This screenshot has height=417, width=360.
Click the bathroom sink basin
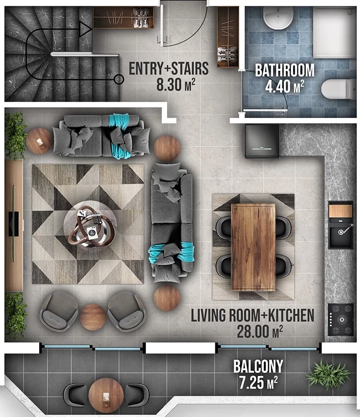tap(278, 18)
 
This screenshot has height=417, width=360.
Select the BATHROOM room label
tap(284, 70)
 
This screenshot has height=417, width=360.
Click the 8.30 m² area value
tap(176, 85)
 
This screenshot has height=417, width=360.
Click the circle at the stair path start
tap(118, 79)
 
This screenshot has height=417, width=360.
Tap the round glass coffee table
tap(90, 223)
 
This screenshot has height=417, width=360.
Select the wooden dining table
tap(253, 247)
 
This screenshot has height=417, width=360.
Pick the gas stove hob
tap(340, 320)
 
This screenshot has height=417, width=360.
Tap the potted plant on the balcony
tap(328, 374)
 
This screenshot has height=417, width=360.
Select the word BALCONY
tap(258, 366)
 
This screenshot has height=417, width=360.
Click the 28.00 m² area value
tap(260, 331)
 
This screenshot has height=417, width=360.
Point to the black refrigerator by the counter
tap(262, 141)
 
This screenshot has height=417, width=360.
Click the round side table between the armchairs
tap(93, 318)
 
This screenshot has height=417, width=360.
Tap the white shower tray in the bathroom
tap(334, 32)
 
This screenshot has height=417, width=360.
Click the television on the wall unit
tap(13, 224)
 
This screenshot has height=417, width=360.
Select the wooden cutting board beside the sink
tap(340, 211)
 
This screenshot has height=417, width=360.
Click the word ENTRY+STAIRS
tap(169, 69)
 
